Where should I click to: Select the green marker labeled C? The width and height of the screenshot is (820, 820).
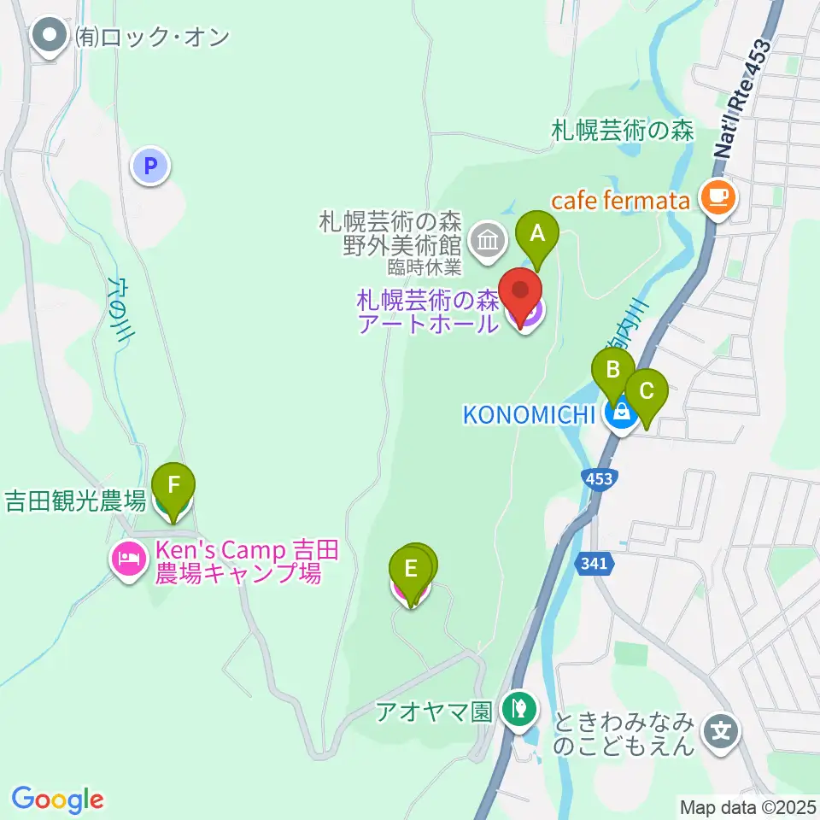click(x=646, y=392)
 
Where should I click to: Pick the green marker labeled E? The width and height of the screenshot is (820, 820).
click(x=410, y=570)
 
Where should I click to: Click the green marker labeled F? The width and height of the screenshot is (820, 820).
click(x=173, y=487)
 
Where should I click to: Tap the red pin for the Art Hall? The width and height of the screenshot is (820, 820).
click(x=520, y=293)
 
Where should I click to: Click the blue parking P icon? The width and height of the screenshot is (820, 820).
click(x=151, y=165)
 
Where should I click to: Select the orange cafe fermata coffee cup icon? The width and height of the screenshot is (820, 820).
click(x=716, y=197)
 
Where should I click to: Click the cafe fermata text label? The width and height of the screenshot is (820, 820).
click(x=620, y=202)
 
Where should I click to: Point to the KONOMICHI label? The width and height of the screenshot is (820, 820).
click(x=528, y=415)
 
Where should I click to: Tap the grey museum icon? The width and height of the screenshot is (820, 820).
click(x=488, y=240)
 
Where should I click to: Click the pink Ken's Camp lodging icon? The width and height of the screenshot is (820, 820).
click(x=129, y=559)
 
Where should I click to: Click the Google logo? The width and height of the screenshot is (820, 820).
click(x=57, y=799)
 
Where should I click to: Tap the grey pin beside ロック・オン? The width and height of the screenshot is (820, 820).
click(x=50, y=36)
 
